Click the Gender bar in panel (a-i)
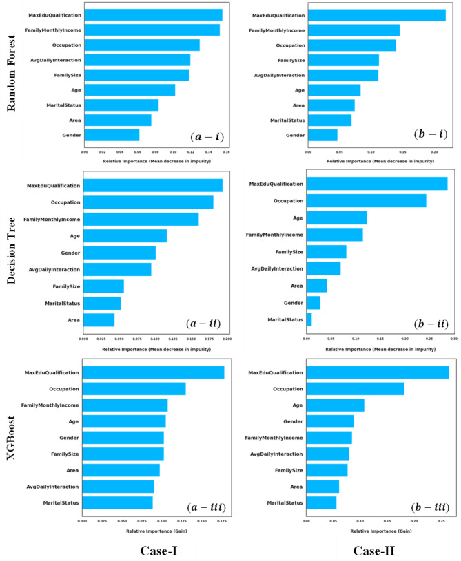[112, 135]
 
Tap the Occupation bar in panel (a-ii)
[148, 202]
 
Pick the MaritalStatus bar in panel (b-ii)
[309, 319]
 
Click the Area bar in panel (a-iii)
[121, 470]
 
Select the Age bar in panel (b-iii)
[335, 405]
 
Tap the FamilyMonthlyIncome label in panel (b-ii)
[274, 235]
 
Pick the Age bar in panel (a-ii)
[125, 236]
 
